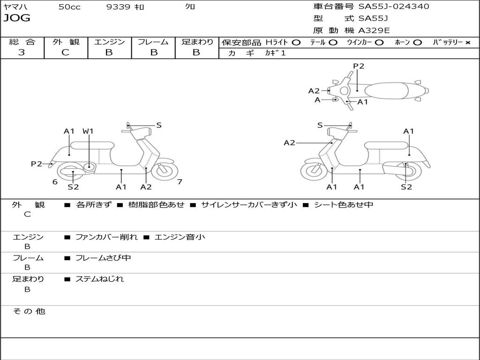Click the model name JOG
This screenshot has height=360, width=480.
[17, 18]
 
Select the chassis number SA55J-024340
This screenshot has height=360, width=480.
[394, 7]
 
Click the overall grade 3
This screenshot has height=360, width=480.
[22, 52]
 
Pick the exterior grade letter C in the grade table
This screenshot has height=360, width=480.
[66, 52]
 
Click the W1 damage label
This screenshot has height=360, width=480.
[88, 131]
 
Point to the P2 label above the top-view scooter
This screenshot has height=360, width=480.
[359, 66]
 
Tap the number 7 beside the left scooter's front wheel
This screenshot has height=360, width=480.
[180, 182]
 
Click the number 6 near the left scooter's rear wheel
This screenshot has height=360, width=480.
[55, 182]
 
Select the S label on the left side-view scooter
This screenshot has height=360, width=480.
[158, 125]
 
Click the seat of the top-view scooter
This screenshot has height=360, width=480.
[386, 90]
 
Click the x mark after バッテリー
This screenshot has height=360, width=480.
[468, 43]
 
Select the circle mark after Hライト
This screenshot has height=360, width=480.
[296, 43]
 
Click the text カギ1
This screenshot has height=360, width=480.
[275, 53]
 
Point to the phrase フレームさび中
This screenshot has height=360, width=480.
[103, 258]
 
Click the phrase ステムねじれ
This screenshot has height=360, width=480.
[99, 279]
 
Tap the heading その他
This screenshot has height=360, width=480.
[29, 311]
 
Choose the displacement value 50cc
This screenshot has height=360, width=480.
[69, 7]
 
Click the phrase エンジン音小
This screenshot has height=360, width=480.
[180, 237]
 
